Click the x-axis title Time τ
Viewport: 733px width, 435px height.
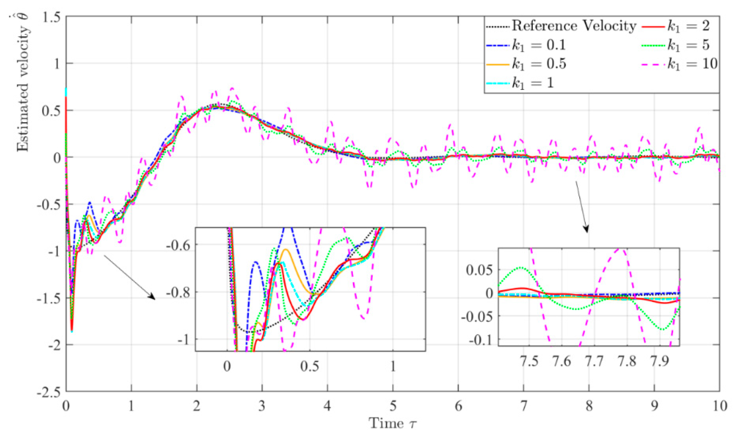click(393, 423)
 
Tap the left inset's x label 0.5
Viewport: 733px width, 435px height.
click(310, 366)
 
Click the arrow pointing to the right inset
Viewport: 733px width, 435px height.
click(581, 206)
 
